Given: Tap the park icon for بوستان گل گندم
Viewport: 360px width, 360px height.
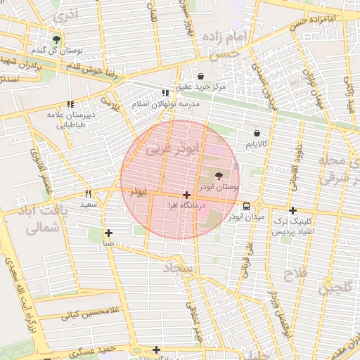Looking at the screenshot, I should point(57,39).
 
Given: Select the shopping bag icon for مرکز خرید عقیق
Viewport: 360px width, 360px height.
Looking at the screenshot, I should point(201,76).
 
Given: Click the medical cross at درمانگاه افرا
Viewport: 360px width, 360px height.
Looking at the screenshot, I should point(186,195).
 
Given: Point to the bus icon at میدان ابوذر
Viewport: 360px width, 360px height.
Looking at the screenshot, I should point(246,207).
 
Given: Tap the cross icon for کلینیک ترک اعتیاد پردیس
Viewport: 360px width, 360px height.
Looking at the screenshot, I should point(293,210).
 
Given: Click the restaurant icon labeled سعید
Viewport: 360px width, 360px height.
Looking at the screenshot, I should point(89,193).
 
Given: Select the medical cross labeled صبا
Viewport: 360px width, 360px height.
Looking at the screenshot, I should point(108,233).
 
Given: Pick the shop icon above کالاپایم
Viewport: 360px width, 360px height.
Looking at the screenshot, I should point(256,132).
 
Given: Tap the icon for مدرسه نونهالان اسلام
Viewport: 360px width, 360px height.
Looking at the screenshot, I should point(165,93).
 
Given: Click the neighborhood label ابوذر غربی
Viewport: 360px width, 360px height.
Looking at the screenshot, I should point(173,148).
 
